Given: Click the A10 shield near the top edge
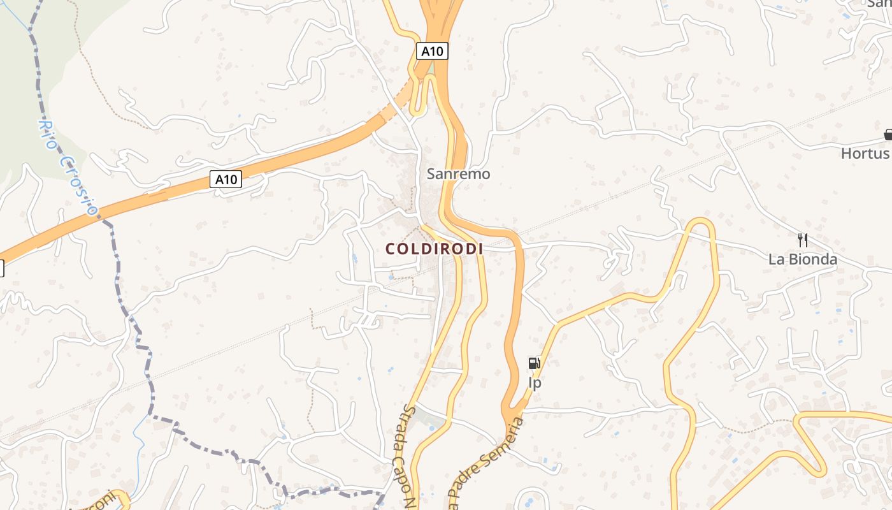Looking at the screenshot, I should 432,51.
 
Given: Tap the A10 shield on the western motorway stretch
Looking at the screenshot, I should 226,179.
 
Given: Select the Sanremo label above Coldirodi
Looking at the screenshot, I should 458,173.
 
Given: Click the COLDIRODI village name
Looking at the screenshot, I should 434,249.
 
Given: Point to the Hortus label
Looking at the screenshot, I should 865,154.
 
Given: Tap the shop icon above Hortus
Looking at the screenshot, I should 888,135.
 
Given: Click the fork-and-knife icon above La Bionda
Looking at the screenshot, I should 802,240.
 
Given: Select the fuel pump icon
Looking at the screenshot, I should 534,364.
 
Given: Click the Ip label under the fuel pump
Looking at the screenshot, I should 535,382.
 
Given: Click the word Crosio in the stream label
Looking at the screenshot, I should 80,185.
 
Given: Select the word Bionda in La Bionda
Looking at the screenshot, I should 813,259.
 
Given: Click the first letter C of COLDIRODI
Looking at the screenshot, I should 390,249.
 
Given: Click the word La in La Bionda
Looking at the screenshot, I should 777,259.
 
